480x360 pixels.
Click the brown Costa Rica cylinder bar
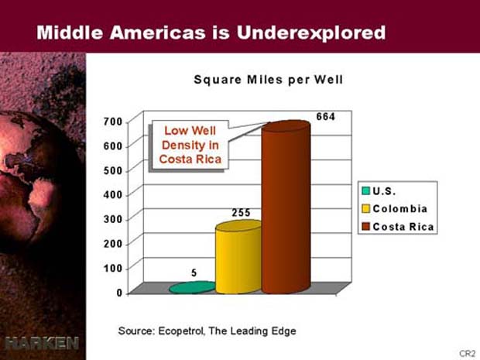(286, 207)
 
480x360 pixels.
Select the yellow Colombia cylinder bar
(238, 257)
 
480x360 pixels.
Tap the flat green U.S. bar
(192, 287)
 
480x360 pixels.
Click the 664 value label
(325, 117)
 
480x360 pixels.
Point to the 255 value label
(241, 213)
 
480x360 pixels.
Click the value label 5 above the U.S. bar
(194, 273)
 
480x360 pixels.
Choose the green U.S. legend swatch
(366, 191)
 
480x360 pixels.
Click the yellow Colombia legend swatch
(366, 209)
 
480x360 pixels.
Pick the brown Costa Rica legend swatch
(366, 227)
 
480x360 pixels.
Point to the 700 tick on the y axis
(113, 122)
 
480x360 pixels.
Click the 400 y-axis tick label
(113, 194)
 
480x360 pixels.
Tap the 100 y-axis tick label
(113, 268)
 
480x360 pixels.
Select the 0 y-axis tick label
(119, 293)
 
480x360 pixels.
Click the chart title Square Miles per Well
(269, 80)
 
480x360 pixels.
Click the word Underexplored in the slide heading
(310, 33)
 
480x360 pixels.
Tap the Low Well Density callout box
(190, 145)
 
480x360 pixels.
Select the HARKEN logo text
(42, 343)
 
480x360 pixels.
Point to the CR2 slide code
(468, 353)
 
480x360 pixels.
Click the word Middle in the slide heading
(70, 33)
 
